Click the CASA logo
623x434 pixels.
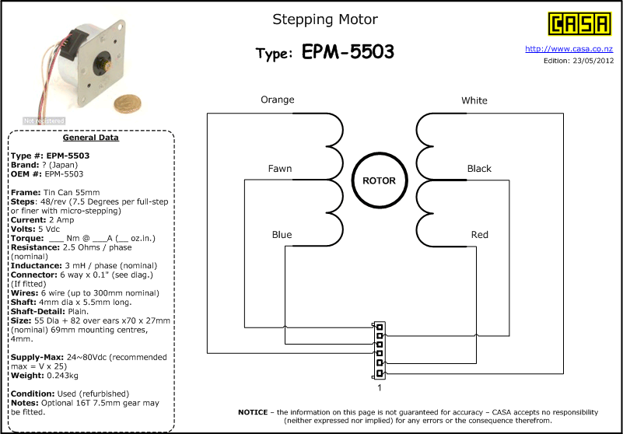[x=579, y=23]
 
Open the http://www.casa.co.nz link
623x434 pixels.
[x=569, y=49]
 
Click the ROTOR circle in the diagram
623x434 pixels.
[x=380, y=180]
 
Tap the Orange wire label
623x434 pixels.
[x=278, y=100]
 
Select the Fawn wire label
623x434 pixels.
[x=280, y=169]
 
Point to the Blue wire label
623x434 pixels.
[x=282, y=234]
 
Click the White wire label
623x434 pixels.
[x=474, y=100]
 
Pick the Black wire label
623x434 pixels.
[x=479, y=169]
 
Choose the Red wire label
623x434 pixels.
[x=480, y=234]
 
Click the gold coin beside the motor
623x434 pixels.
[x=128, y=104]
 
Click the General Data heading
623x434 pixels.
[x=90, y=138]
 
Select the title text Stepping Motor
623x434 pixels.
[x=325, y=19]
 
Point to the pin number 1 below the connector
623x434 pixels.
[x=380, y=388]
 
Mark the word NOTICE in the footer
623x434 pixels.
[x=253, y=412]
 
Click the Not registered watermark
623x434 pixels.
[x=44, y=121]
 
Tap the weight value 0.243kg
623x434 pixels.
[x=58, y=376]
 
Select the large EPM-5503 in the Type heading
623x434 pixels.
[x=348, y=51]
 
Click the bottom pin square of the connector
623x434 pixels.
[x=380, y=373]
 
